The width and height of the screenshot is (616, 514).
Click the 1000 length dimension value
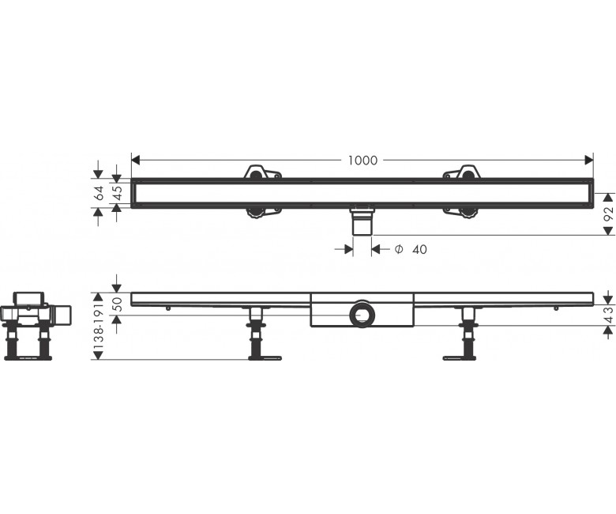pyautogui.click(x=362, y=161)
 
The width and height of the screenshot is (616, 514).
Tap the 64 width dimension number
pyautogui.click(x=100, y=193)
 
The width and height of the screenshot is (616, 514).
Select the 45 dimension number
pyautogui.click(x=118, y=192)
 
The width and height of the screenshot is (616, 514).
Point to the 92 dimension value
pyautogui.click(x=608, y=214)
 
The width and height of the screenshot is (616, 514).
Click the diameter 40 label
pyautogui.click(x=411, y=249)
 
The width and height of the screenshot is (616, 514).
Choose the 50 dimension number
pyautogui.click(x=118, y=304)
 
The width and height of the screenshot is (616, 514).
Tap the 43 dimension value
pyautogui.click(x=609, y=315)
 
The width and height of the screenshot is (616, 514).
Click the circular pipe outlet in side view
pyautogui.click(x=362, y=314)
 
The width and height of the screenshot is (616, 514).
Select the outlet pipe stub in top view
pyautogui.click(x=362, y=221)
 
